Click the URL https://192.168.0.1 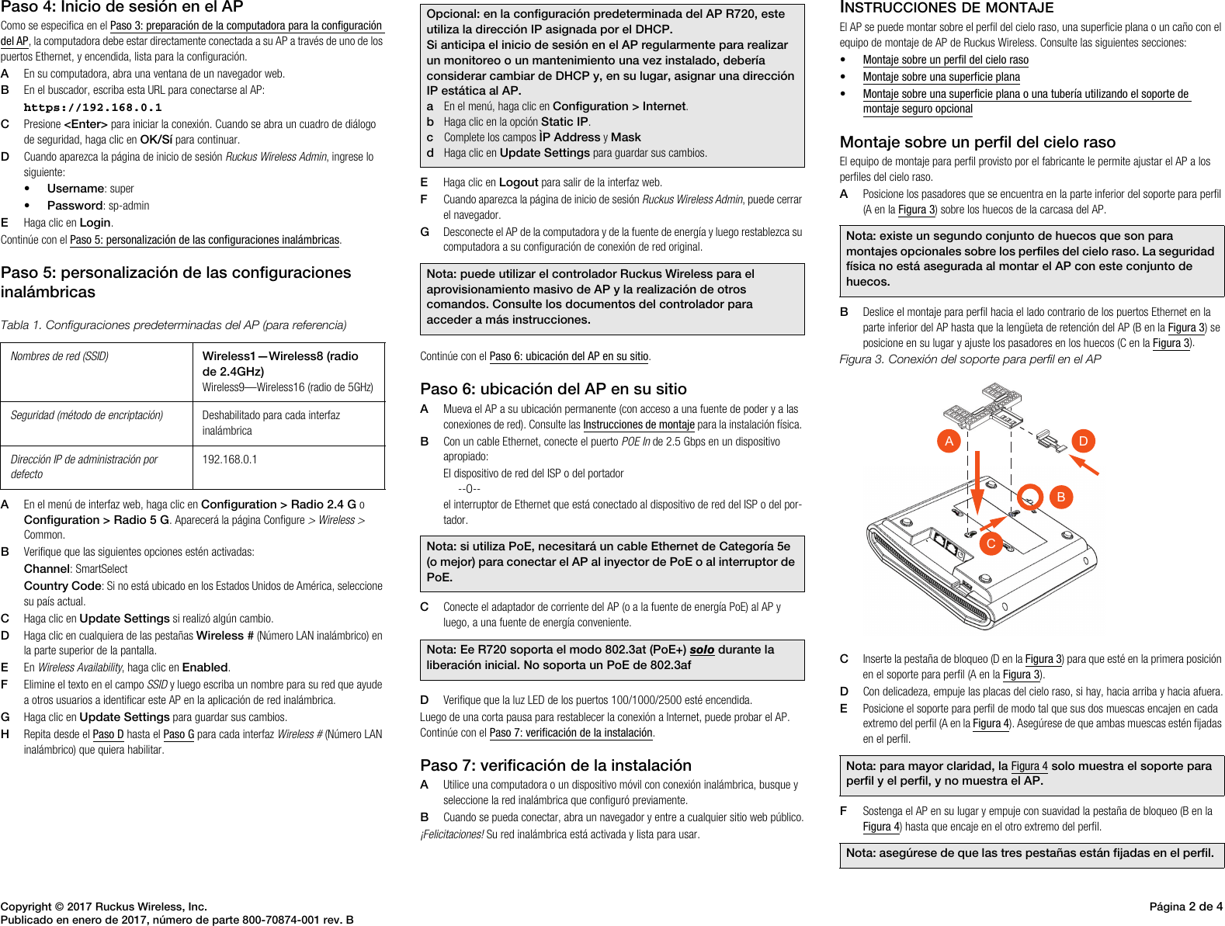[92, 108]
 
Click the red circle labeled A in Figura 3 [949, 441]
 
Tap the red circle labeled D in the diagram [1083, 441]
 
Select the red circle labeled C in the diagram [991, 543]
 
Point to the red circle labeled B [1060, 497]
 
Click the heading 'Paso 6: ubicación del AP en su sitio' [553, 389]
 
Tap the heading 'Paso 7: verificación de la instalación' [555, 765]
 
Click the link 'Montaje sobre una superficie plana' [941, 77]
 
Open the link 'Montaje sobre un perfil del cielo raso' [945, 60]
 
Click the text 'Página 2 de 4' [1185, 906]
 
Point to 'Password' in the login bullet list [75, 206]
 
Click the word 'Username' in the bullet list [75, 189]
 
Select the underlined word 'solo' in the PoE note [701, 650]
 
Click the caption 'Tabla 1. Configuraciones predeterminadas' [173, 325]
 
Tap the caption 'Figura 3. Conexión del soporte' [970, 359]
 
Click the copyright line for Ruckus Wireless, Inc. [104, 906]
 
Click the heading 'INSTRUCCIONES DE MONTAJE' [946, 8]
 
